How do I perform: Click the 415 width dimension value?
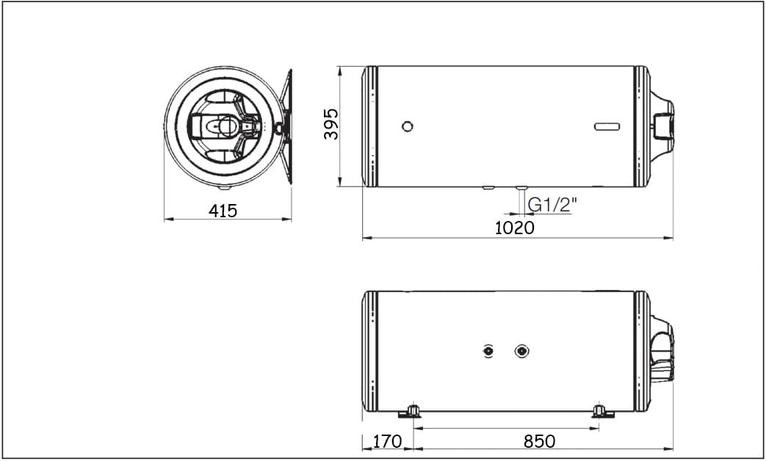[x=223, y=211]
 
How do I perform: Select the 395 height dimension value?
[x=331, y=125]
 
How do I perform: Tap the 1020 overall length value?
[x=514, y=228]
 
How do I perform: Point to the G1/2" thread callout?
[x=552, y=205]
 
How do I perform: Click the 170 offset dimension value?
[x=387, y=441]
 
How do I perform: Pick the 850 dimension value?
[x=539, y=441]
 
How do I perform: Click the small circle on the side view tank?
[x=408, y=126]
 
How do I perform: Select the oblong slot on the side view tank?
[x=607, y=126]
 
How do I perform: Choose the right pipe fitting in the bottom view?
[x=521, y=351]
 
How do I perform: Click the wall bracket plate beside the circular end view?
[x=286, y=126]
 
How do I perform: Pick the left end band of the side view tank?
[x=371, y=126]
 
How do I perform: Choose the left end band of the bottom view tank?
[x=372, y=351]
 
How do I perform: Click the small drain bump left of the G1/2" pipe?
[x=488, y=188]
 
